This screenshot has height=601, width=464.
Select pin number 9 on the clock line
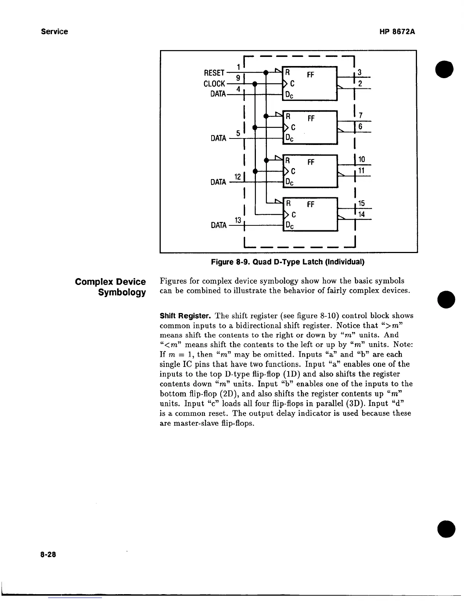[x=238, y=78]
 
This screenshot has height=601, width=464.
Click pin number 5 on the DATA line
[x=238, y=133]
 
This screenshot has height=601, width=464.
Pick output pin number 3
[x=360, y=72]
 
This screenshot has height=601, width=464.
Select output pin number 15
[x=361, y=204]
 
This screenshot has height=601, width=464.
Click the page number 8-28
[x=48, y=554]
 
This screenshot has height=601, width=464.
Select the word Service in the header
[x=55, y=31]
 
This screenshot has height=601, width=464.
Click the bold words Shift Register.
[x=185, y=316]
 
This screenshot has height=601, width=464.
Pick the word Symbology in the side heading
[x=122, y=293]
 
